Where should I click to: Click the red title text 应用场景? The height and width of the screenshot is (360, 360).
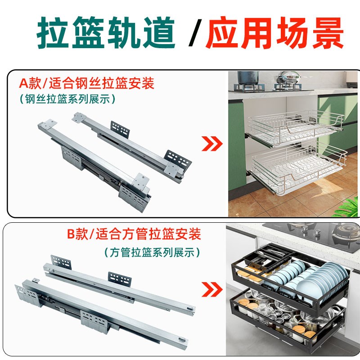click(274, 34)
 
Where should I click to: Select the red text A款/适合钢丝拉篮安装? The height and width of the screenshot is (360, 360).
click(86, 83)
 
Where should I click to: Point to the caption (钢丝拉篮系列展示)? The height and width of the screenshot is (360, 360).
click(67, 99)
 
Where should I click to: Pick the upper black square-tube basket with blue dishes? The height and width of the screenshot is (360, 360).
click(292, 274)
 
